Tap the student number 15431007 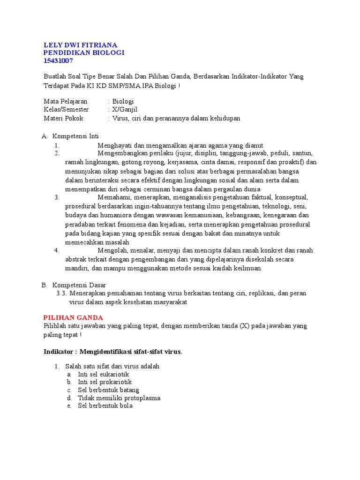(x=58, y=61)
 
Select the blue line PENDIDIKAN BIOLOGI (x=84, y=52)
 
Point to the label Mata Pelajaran (x=65, y=101)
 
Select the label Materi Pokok (x=63, y=118)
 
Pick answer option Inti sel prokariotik (x=105, y=382)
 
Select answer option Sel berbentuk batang (x=108, y=390)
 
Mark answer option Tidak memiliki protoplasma (x=119, y=398)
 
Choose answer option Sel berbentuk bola (x=105, y=405)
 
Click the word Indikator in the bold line (x=60, y=352)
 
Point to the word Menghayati (x=114, y=145)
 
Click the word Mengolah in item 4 (x=111, y=250)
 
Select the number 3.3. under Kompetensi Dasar (x=62, y=293)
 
